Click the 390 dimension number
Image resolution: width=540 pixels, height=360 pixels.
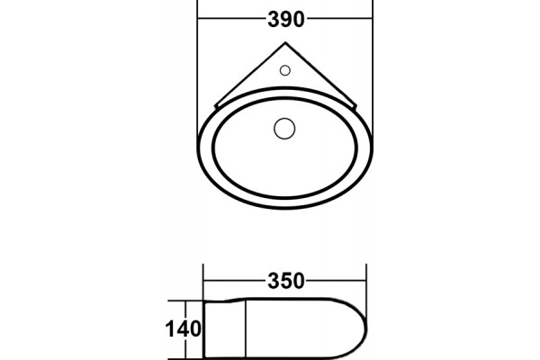(x=286, y=19)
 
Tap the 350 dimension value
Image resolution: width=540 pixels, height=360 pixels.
(x=286, y=281)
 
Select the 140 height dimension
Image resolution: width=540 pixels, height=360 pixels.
(x=184, y=328)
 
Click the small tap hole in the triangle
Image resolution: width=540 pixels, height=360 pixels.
(x=284, y=70)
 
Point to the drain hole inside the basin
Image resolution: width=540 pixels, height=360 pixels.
(x=284, y=129)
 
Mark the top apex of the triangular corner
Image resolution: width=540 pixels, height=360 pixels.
(x=285, y=42)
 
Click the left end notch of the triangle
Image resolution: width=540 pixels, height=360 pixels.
(x=216, y=105)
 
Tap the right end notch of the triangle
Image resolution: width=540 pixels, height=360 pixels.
(x=355, y=106)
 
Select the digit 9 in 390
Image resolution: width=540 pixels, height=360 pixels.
(x=286, y=19)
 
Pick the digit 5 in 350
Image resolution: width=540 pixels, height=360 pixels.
(x=286, y=281)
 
